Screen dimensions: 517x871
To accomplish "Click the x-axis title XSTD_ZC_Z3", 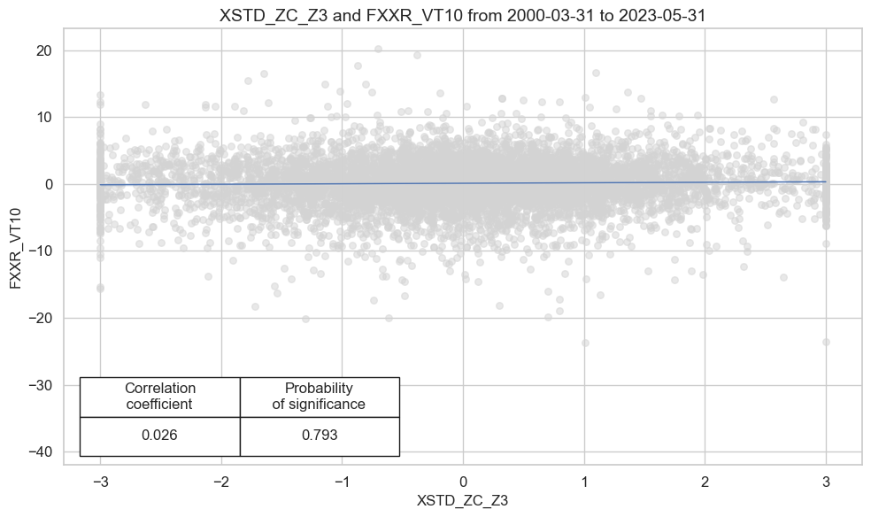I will [462, 500].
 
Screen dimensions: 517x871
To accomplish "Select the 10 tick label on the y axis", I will [46, 118].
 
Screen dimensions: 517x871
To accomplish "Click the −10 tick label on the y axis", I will [42, 251].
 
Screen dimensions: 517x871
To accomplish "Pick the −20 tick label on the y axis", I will [42, 318].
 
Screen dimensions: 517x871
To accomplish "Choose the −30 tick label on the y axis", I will [42, 385].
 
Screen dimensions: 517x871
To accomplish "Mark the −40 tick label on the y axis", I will [42, 451].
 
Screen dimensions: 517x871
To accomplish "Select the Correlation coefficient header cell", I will [160, 397].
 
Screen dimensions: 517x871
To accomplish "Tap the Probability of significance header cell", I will [320, 397].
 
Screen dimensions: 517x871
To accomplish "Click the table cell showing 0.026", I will [160, 436].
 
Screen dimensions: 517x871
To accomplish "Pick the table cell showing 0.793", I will [320, 436].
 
